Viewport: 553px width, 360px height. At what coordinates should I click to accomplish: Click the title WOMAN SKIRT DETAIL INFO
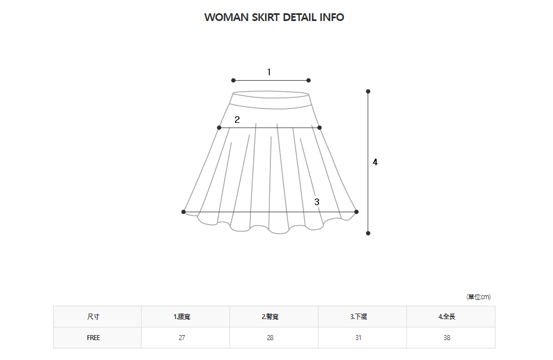[x=274, y=17]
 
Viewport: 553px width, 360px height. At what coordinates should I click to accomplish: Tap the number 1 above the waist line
[x=269, y=72]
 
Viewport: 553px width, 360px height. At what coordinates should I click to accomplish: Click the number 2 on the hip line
[x=237, y=119]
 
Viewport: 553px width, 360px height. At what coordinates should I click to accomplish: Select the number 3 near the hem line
[x=317, y=202]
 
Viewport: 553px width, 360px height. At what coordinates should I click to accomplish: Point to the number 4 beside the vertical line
[x=375, y=162]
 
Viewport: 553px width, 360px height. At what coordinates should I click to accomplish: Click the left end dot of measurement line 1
[x=233, y=80]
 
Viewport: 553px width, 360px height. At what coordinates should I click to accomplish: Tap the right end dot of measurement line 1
[x=309, y=80]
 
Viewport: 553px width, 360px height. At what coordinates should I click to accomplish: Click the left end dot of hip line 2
[x=219, y=128]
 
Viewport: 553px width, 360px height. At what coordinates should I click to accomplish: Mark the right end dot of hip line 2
[x=320, y=128]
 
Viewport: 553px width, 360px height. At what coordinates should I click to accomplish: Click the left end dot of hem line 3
[x=184, y=212]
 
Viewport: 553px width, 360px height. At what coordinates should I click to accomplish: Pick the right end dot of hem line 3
[x=356, y=212]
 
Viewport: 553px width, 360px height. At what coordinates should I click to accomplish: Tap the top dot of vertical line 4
[x=368, y=91]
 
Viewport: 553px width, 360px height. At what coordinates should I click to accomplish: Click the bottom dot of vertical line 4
[x=368, y=233]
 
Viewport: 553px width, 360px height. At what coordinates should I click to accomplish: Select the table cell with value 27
[x=182, y=338]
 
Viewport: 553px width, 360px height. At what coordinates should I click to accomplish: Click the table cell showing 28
[x=270, y=338]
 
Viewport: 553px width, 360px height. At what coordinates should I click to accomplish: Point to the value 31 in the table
[x=358, y=338]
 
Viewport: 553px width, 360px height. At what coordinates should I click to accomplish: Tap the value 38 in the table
[x=447, y=338]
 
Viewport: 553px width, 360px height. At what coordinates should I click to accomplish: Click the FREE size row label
[x=93, y=338]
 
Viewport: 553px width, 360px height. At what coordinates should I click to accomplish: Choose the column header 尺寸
[x=93, y=317]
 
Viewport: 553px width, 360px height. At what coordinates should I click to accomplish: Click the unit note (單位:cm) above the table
[x=478, y=297]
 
